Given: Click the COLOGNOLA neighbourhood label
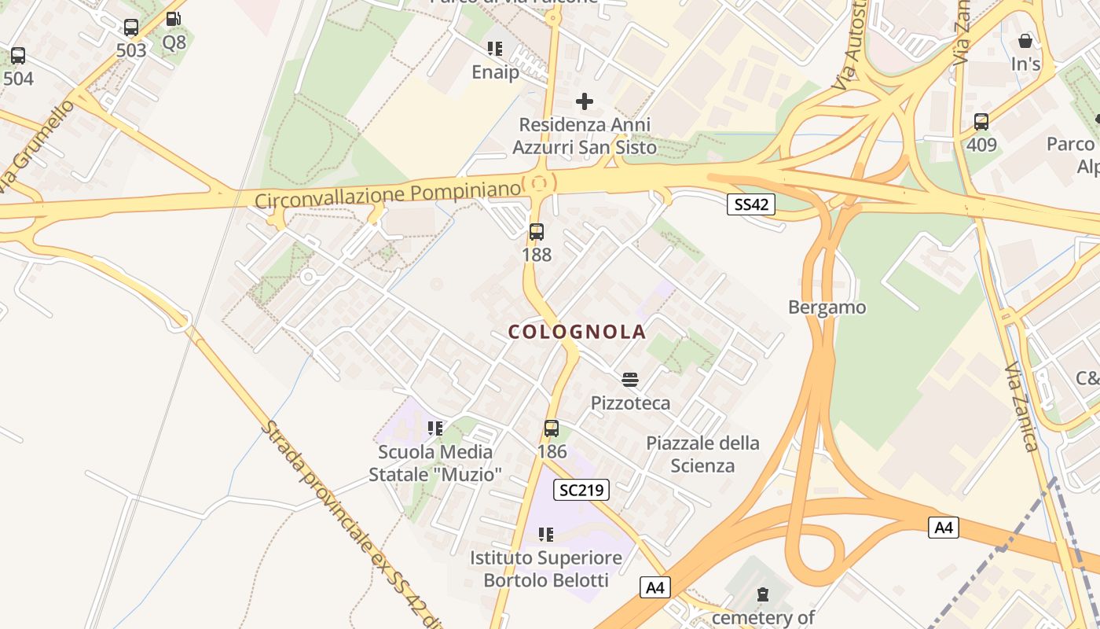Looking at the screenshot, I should [577, 332].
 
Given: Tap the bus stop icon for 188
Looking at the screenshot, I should [537, 232].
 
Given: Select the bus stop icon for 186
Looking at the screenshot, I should [552, 429].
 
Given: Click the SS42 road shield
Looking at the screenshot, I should [750, 204].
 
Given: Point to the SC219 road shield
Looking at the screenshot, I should [581, 490].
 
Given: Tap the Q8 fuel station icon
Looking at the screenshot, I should [173, 20].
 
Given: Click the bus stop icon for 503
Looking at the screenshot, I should [131, 28].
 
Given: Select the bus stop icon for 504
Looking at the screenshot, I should [18, 56].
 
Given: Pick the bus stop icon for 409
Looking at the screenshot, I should [981, 122].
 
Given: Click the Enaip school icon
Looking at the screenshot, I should [495, 49].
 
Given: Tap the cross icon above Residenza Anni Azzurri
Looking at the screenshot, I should [585, 101].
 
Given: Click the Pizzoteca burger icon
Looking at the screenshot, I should [629, 380].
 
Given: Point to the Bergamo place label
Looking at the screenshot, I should [827, 307].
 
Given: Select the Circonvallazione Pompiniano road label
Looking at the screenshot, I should [387, 193].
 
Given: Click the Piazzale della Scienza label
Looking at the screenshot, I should [702, 454].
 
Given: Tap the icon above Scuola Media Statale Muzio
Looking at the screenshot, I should [435, 429].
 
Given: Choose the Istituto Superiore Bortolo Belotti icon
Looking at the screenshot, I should [546, 535].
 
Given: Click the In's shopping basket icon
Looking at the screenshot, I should [1025, 41].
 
